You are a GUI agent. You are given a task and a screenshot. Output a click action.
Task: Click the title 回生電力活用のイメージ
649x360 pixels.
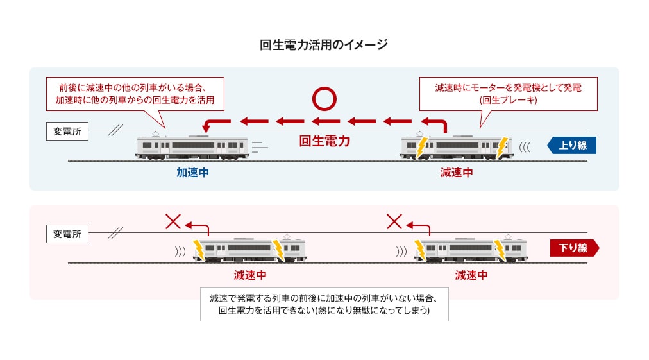(324, 45)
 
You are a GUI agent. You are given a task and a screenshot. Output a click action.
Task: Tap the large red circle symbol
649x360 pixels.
(324, 99)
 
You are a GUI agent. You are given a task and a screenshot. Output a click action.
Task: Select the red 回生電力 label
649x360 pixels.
(324, 141)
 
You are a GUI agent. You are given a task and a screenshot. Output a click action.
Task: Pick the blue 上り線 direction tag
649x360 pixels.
(572, 145)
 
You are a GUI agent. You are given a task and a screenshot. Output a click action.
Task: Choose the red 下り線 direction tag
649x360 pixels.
(573, 248)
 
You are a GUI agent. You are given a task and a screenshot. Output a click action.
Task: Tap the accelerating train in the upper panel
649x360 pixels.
(192, 148)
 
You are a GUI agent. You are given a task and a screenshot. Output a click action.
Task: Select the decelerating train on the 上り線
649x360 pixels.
(456, 148)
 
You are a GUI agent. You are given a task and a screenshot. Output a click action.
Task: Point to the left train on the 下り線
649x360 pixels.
(250, 250)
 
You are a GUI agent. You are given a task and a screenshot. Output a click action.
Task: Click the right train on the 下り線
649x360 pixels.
(471, 250)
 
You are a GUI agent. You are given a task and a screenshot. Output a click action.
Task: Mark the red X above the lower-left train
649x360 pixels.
(173, 222)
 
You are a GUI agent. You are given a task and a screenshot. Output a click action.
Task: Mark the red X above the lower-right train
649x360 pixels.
(394, 222)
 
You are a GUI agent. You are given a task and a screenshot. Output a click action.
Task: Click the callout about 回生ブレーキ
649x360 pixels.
(507, 94)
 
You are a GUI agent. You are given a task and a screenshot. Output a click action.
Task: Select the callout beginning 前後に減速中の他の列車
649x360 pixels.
(135, 94)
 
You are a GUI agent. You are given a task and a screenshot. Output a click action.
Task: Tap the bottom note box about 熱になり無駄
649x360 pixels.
(324, 304)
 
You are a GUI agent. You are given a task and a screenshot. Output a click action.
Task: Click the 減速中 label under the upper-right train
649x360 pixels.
(456, 173)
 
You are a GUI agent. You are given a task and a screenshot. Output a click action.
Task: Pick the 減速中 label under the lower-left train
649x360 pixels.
(250, 275)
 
